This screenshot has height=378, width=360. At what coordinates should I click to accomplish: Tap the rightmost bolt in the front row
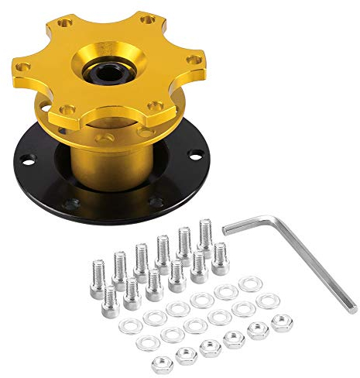tap(220, 258)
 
